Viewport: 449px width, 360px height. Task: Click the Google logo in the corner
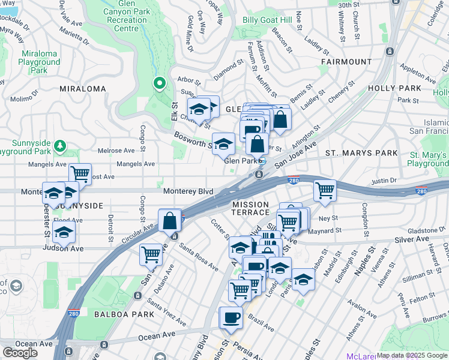pos(20,353)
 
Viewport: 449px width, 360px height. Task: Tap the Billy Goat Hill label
pos(267,20)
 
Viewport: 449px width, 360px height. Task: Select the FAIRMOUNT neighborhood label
pos(346,62)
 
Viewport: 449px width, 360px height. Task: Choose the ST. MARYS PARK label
pos(361,153)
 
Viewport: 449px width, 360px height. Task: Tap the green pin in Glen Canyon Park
pos(159,83)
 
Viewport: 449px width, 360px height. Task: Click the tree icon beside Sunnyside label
pos(59,146)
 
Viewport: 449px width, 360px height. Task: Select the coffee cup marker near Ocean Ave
pos(231,318)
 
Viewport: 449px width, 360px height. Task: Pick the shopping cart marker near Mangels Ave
pos(80,174)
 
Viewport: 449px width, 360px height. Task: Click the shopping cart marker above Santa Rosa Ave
pos(151,253)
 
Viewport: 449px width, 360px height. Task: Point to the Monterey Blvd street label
pos(188,191)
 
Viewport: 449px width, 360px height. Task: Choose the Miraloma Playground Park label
pos(38,62)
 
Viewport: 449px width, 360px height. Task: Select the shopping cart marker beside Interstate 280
pos(325,190)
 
